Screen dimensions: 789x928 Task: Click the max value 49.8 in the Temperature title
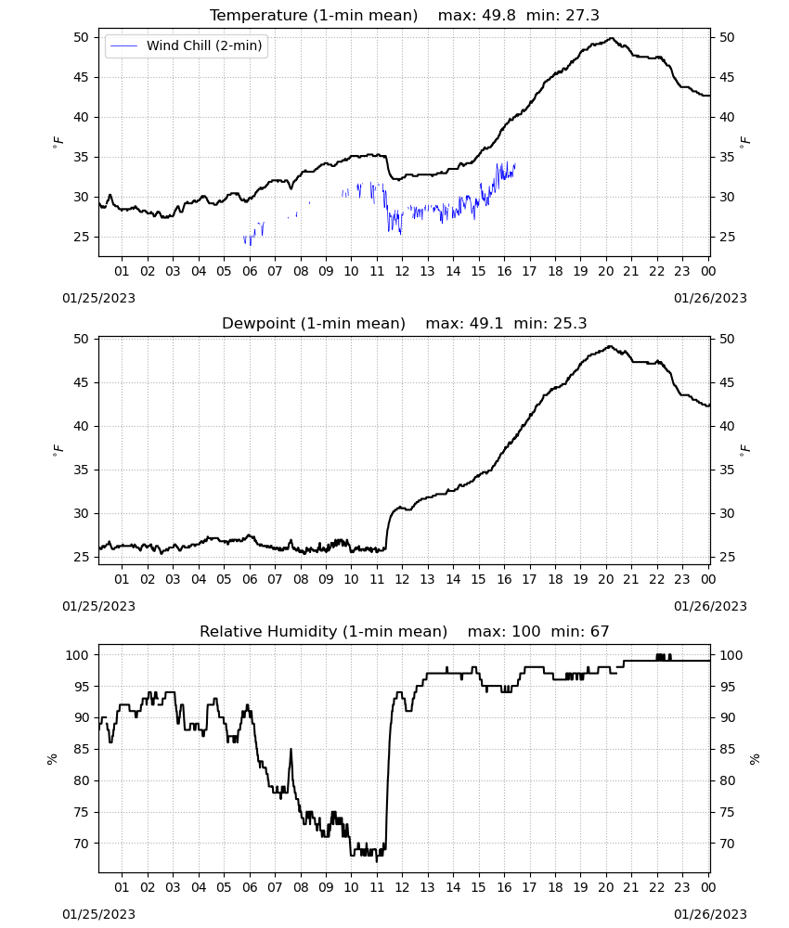pos(499,16)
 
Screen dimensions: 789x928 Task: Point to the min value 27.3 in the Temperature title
pos(582,16)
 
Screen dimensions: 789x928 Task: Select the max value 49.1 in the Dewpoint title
pos(486,324)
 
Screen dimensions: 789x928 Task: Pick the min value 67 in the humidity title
pos(600,631)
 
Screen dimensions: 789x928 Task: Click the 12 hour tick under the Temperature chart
pos(402,271)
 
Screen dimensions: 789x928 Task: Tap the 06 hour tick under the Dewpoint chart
pos(250,579)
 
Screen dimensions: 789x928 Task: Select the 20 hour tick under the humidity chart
pos(605,887)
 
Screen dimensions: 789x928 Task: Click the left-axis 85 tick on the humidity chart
pos(81,749)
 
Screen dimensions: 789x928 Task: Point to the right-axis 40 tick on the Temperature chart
pos(727,117)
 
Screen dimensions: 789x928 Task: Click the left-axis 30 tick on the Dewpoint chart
pos(81,514)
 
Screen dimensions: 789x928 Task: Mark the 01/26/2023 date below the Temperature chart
pos(710,298)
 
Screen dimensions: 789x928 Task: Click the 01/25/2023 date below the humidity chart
pos(98,914)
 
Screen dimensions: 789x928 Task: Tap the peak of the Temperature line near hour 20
pos(612,38)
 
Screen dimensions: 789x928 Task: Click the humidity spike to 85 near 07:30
pos(291,750)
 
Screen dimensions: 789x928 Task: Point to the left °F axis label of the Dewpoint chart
pos(58,450)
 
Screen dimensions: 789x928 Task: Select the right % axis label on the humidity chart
pos(755,759)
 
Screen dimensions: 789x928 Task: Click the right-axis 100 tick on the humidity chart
pos(731,655)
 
